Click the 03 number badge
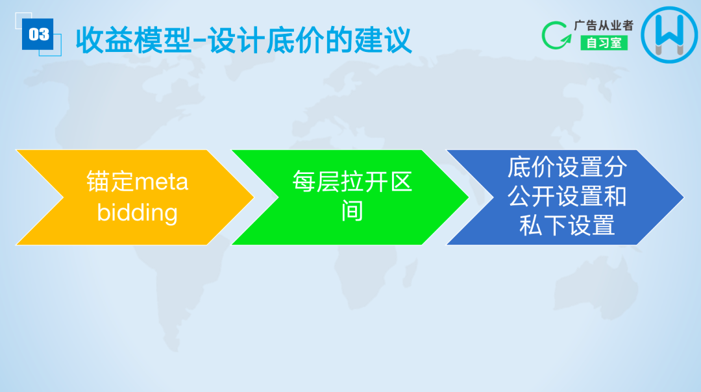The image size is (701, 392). pyautogui.click(x=38, y=34)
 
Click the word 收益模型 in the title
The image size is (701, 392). pyautogui.click(x=133, y=40)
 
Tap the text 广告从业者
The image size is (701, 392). pyautogui.click(x=603, y=25)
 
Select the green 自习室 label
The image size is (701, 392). pyautogui.click(x=604, y=43)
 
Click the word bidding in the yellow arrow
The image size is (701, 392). pyautogui.click(x=137, y=212)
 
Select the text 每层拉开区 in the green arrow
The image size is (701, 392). pyautogui.click(x=352, y=182)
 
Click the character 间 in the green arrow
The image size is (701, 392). pyautogui.click(x=352, y=212)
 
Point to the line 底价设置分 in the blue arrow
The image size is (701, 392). pyautogui.click(x=567, y=167)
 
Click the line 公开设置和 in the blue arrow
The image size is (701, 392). pyautogui.click(x=567, y=197)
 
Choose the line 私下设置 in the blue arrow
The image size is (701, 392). pyautogui.click(x=567, y=226)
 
